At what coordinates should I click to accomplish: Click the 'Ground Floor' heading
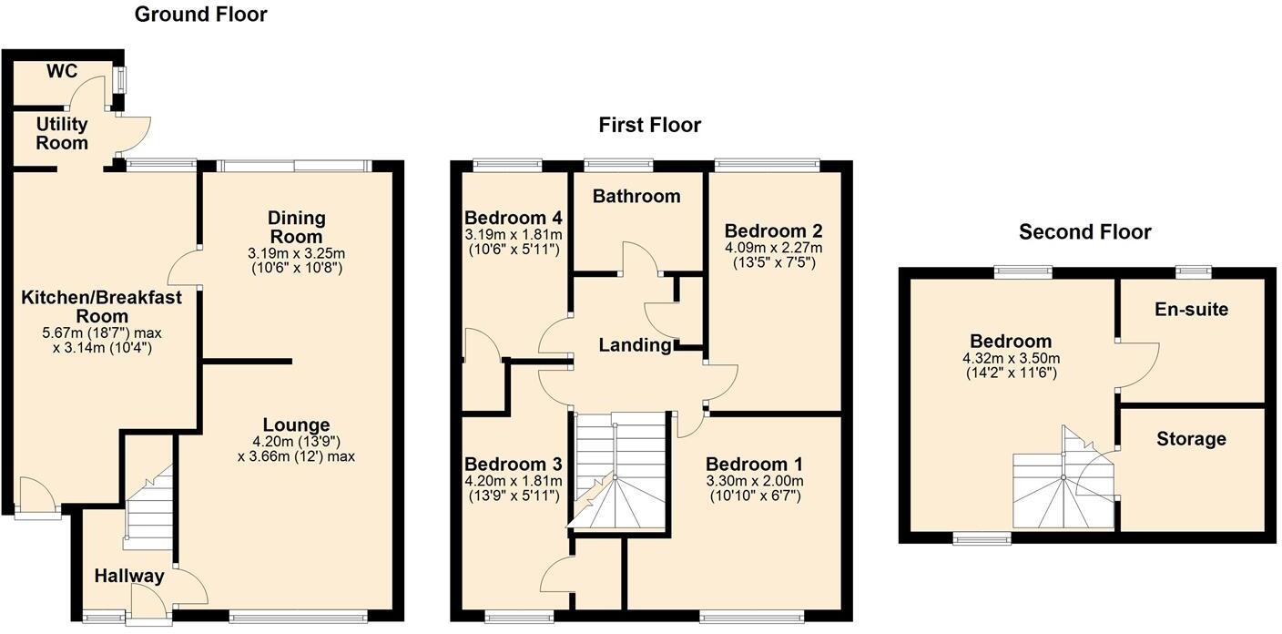pos(200,15)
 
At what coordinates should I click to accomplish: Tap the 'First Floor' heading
pos(649,125)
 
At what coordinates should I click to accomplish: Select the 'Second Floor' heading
pos(1084,232)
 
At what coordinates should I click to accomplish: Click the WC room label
pos(62,72)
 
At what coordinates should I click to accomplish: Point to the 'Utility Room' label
pos(62,133)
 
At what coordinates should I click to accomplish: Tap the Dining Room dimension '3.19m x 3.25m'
pos(297,252)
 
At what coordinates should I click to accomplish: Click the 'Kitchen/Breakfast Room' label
pos(102,306)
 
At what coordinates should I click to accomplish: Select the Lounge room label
pos(296,425)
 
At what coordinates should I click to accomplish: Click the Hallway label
pos(129,576)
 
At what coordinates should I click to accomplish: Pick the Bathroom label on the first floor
pos(636,196)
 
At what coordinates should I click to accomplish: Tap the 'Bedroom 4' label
pos(513,218)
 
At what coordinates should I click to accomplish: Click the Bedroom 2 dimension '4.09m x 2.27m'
pos(773,248)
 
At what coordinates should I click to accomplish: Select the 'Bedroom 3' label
pos(513,465)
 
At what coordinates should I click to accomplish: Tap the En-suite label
pos(1191,310)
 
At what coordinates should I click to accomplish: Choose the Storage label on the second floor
pos(1191,439)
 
